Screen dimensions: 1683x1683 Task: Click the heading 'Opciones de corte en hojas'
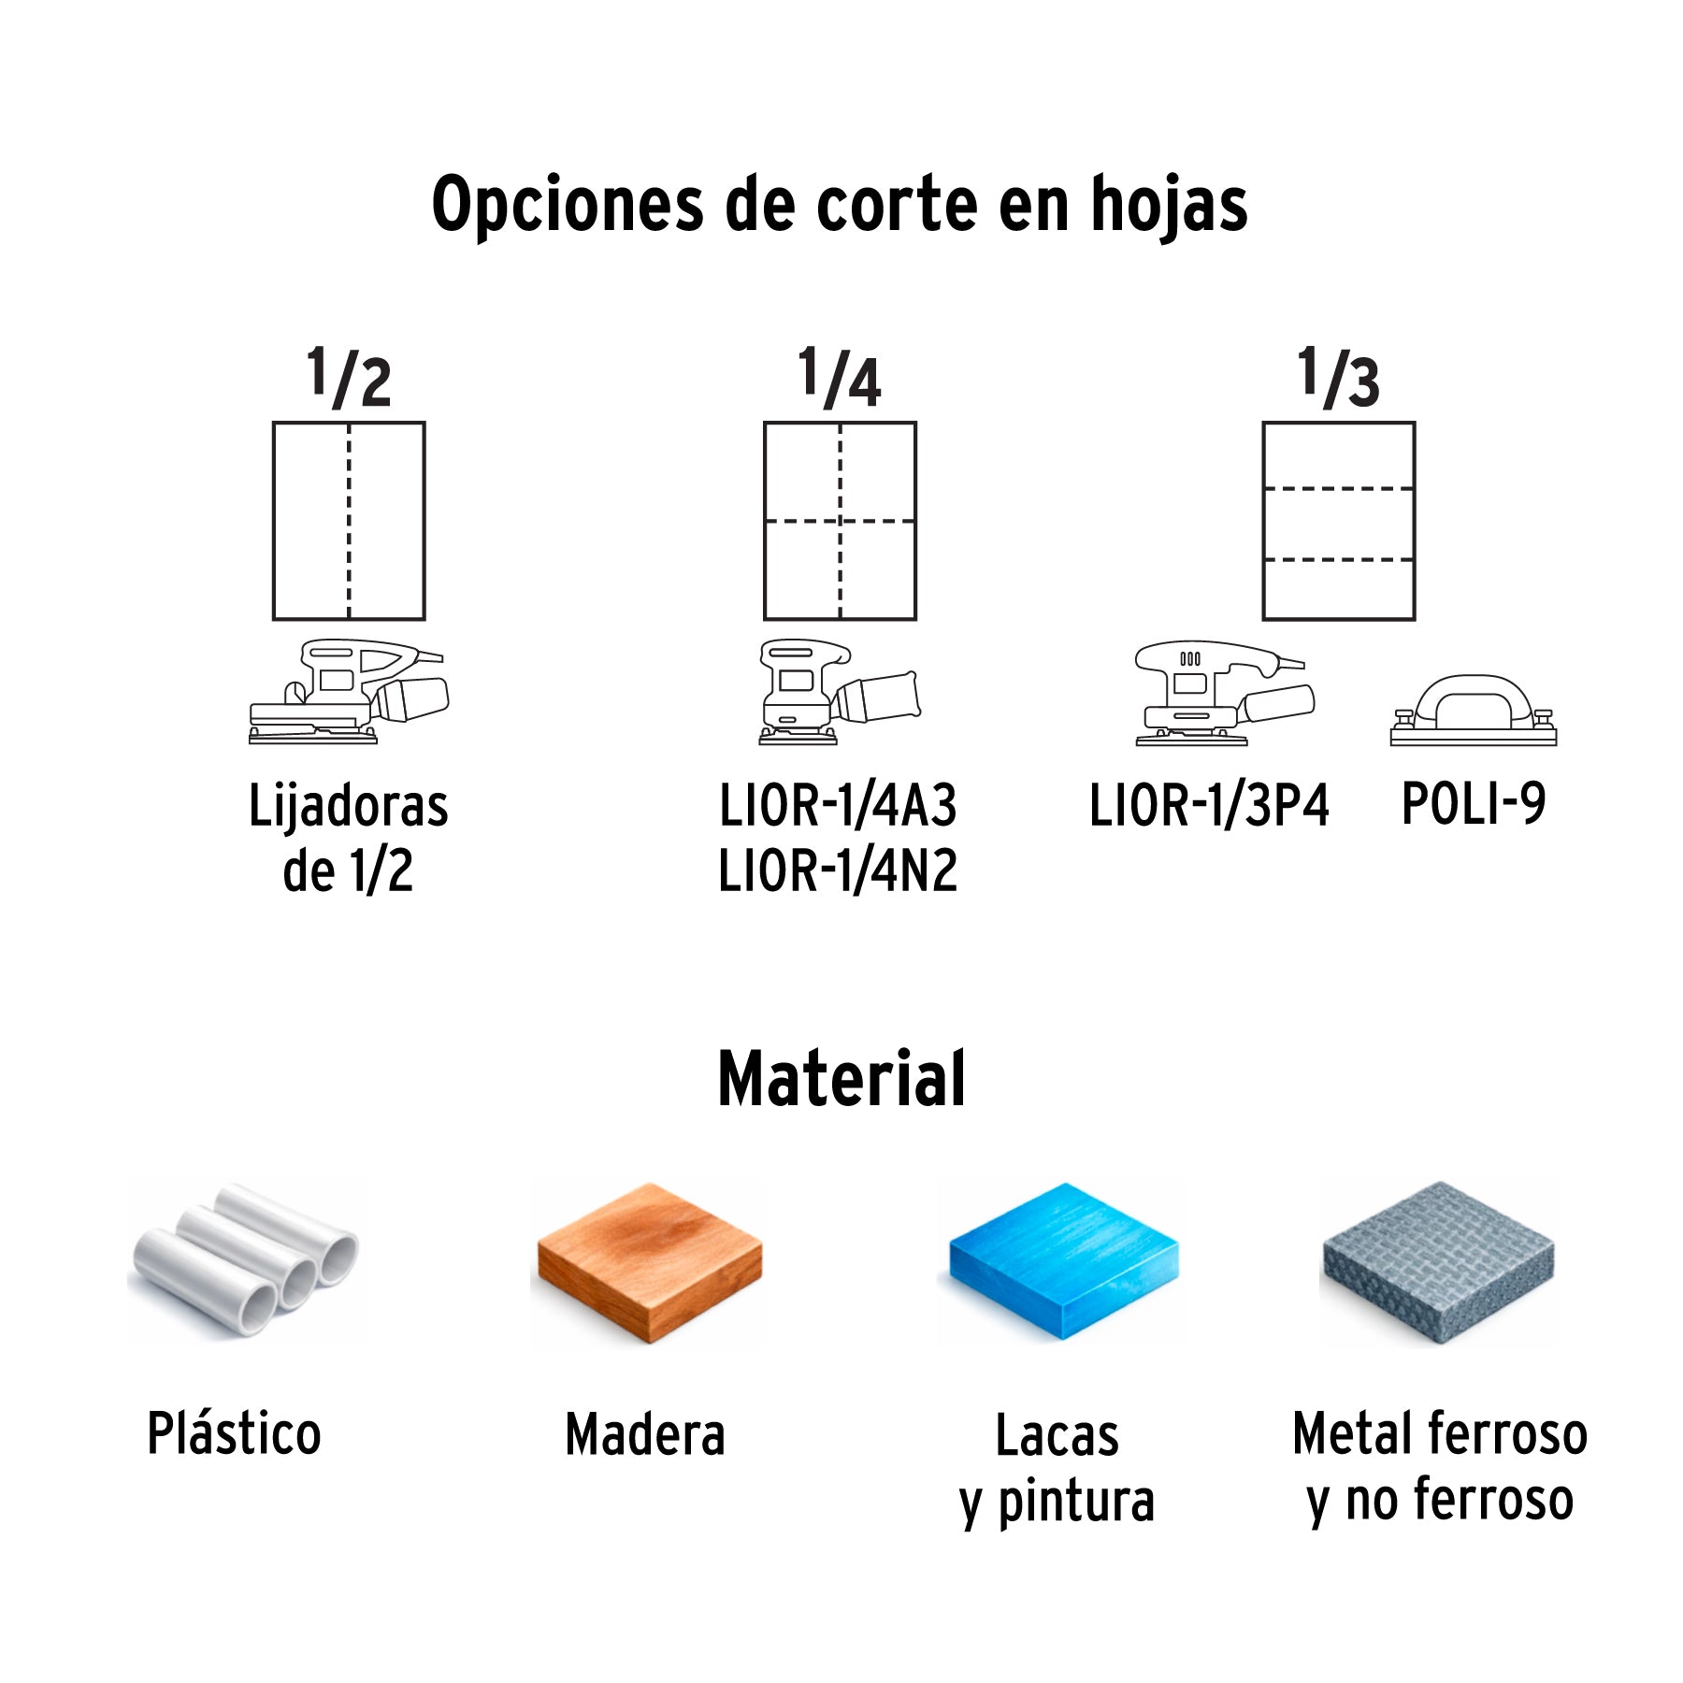(x=840, y=205)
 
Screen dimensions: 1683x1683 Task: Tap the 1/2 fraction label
(x=349, y=378)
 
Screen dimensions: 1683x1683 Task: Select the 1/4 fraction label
(x=840, y=378)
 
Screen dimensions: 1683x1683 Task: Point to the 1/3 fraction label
(x=1338, y=378)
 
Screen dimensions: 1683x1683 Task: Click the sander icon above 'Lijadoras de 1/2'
(x=349, y=692)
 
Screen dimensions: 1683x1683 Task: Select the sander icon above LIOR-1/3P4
(x=1225, y=693)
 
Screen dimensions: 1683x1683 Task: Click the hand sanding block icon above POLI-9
(x=1474, y=711)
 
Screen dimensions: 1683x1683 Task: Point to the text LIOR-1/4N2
(x=838, y=870)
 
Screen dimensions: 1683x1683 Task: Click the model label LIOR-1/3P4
(x=1209, y=805)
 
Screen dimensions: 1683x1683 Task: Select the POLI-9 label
(x=1474, y=803)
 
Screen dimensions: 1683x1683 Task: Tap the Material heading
(x=841, y=1079)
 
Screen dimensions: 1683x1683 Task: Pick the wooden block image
(x=650, y=1263)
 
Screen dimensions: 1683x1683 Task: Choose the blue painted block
(x=1064, y=1261)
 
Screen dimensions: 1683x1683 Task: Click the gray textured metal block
(x=1438, y=1262)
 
